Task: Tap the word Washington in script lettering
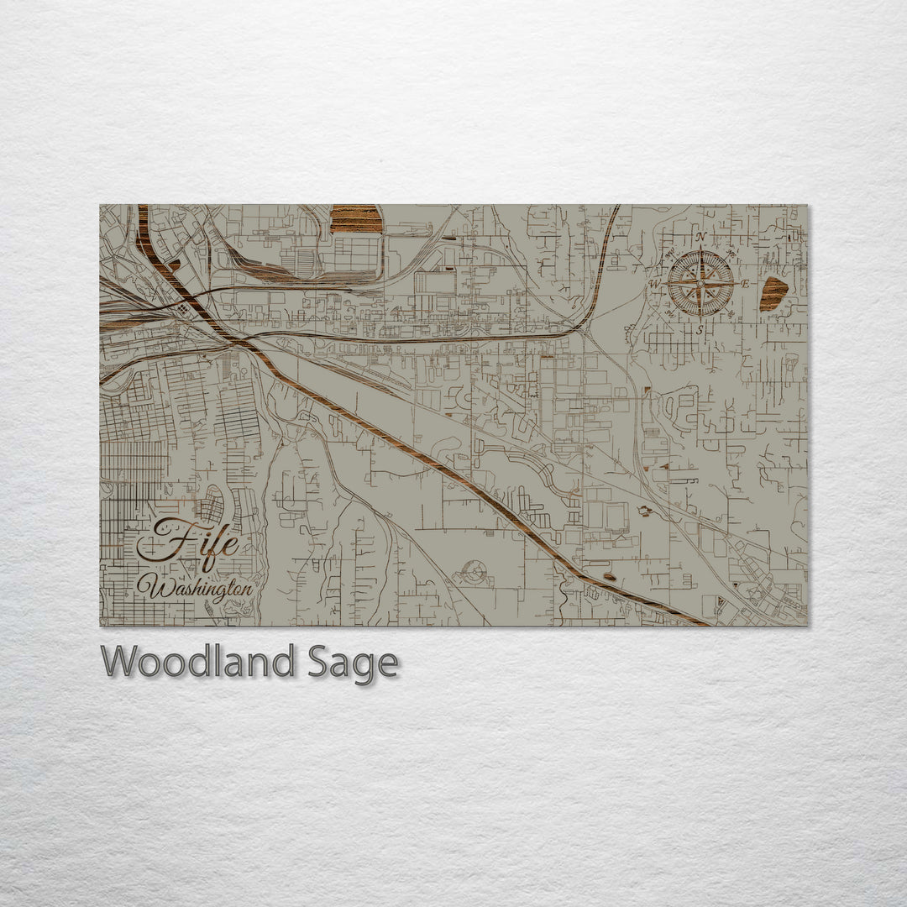(200, 588)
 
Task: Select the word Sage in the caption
(350, 663)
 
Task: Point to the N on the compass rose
(700, 238)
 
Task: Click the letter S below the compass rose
(700, 330)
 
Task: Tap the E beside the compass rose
(745, 284)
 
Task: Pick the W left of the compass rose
(655, 284)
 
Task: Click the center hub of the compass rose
(700, 284)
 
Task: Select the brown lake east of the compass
(773, 293)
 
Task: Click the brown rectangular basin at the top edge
(356, 218)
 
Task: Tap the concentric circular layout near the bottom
(474, 574)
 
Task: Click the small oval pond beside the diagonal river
(609, 577)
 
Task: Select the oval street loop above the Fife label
(212, 504)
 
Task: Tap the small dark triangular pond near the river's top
(175, 265)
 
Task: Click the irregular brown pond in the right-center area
(645, 510)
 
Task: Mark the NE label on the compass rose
(730, 253)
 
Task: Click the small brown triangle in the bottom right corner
(720, 601)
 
